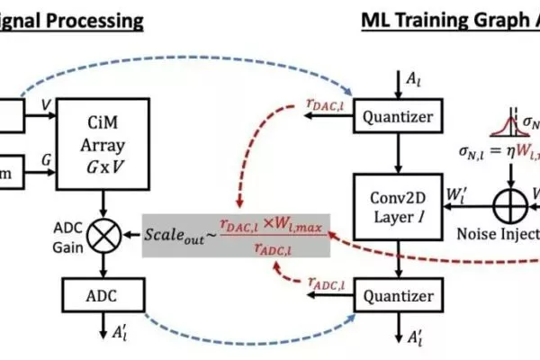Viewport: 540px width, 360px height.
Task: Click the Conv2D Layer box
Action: tap(391, 206)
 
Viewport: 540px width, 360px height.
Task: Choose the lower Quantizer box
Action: tap(391, 294)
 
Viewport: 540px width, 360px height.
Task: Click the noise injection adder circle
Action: tap(496, 205)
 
